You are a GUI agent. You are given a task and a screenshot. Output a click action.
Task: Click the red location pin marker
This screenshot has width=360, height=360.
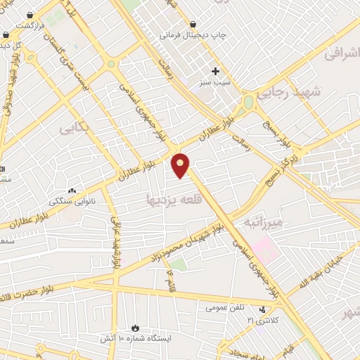(181, 165)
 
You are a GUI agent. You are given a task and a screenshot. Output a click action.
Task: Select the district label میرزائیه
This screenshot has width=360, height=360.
(262, 223)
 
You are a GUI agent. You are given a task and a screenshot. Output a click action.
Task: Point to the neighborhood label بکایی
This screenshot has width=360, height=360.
(75, 129)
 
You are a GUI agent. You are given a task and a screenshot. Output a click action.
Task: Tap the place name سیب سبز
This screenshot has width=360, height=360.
(216, 82)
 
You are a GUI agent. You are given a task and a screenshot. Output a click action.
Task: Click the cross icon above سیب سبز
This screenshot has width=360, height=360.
(216, 70)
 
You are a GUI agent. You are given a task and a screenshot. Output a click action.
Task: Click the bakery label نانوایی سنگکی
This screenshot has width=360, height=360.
(71, 201)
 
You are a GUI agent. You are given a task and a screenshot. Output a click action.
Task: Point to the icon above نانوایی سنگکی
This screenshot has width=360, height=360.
(71, 191)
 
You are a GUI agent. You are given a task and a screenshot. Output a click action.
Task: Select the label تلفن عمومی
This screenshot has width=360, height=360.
(224, 308)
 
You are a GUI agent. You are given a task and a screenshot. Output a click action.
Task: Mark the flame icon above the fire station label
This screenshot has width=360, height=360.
(135, 328)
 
